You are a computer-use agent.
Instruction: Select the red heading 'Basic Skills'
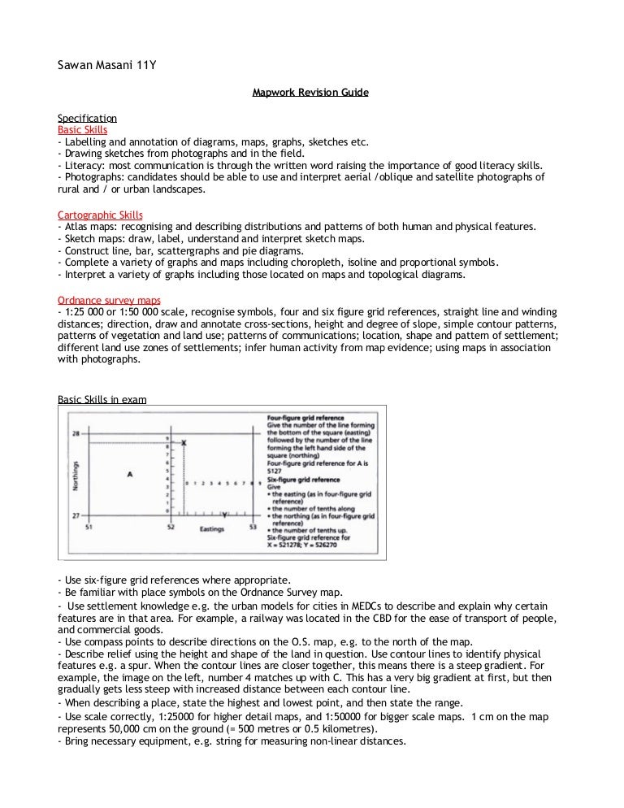coord(82,129)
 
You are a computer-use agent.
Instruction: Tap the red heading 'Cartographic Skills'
coord(100,215)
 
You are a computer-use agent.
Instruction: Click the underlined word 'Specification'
coord(87,118)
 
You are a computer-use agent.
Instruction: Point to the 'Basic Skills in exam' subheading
coord(102,399)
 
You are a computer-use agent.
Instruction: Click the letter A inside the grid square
coord(130,474)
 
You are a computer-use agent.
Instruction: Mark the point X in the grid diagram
coord(184,442)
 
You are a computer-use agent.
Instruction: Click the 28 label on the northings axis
coord(75,433)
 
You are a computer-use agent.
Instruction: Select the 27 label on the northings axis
coord(75,515)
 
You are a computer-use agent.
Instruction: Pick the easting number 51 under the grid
coord(89,528)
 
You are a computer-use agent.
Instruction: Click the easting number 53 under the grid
coord(253,528)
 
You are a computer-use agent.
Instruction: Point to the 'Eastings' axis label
coord(213,528)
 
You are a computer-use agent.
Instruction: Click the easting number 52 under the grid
coord(171,528)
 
